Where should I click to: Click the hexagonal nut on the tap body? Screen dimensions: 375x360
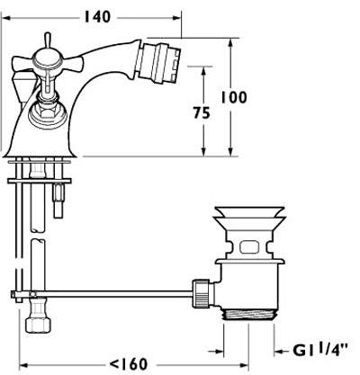43,113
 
